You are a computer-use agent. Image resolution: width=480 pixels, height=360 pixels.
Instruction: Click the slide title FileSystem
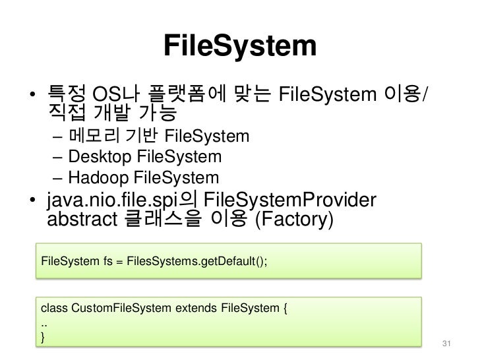(x=239, y=46)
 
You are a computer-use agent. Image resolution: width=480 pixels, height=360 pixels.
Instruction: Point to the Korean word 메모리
(x=90, y=137)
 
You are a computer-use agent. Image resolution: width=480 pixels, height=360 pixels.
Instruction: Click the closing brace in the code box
(x=44, y=338)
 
